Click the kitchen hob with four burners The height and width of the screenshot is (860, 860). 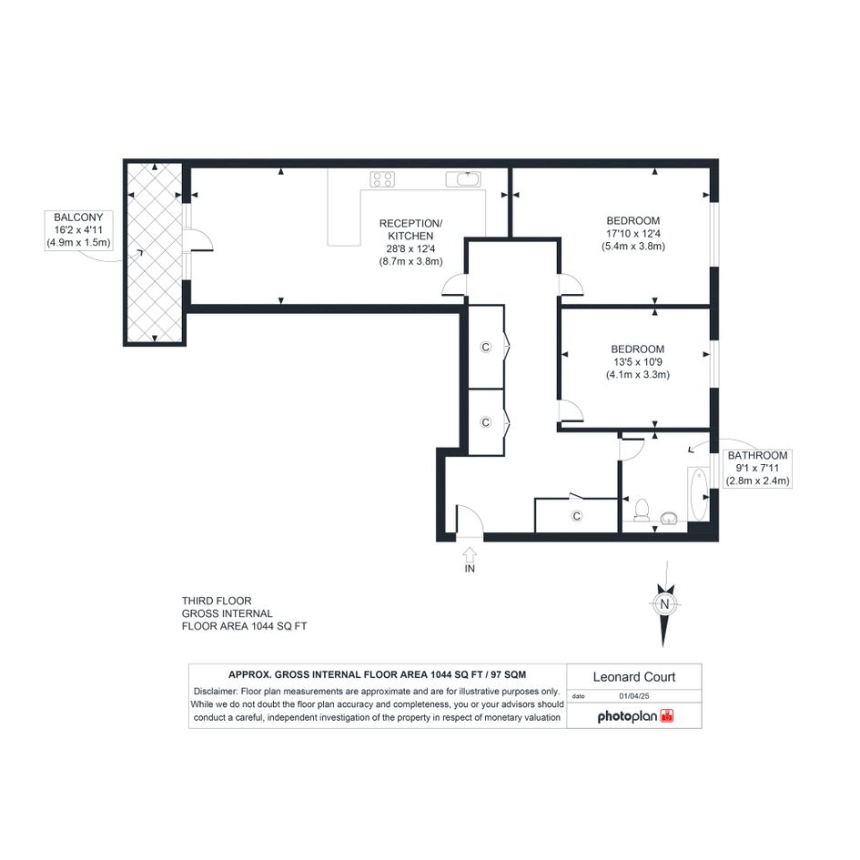click(x=382, y=178)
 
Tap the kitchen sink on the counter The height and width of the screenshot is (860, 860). click(x=463, y=178)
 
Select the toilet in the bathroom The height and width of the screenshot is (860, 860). click(x=642, y=510)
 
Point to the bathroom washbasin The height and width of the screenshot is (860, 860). click(x=669, y=518)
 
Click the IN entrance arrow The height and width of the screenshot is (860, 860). click(x=470, y=555)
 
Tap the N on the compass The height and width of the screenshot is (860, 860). click(x=664, y=604)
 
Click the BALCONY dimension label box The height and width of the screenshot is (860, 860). click(x=79, y=230)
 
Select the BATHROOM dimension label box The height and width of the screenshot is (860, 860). click(x=757, y=469)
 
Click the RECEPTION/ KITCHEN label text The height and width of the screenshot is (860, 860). click(x=410, y=230)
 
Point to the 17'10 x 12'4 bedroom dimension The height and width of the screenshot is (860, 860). click(x=633, y=234)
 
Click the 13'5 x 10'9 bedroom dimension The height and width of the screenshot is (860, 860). click(x=638, y=362)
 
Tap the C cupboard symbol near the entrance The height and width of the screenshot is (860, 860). click(x=576, y=516)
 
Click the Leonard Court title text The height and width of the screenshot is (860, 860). click(x=634, y=677)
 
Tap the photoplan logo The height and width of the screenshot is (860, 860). click(x=635, y=716)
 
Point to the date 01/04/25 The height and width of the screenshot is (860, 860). click(x=634, y=696)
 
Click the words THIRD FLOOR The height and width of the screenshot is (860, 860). click(x=217, y=602)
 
